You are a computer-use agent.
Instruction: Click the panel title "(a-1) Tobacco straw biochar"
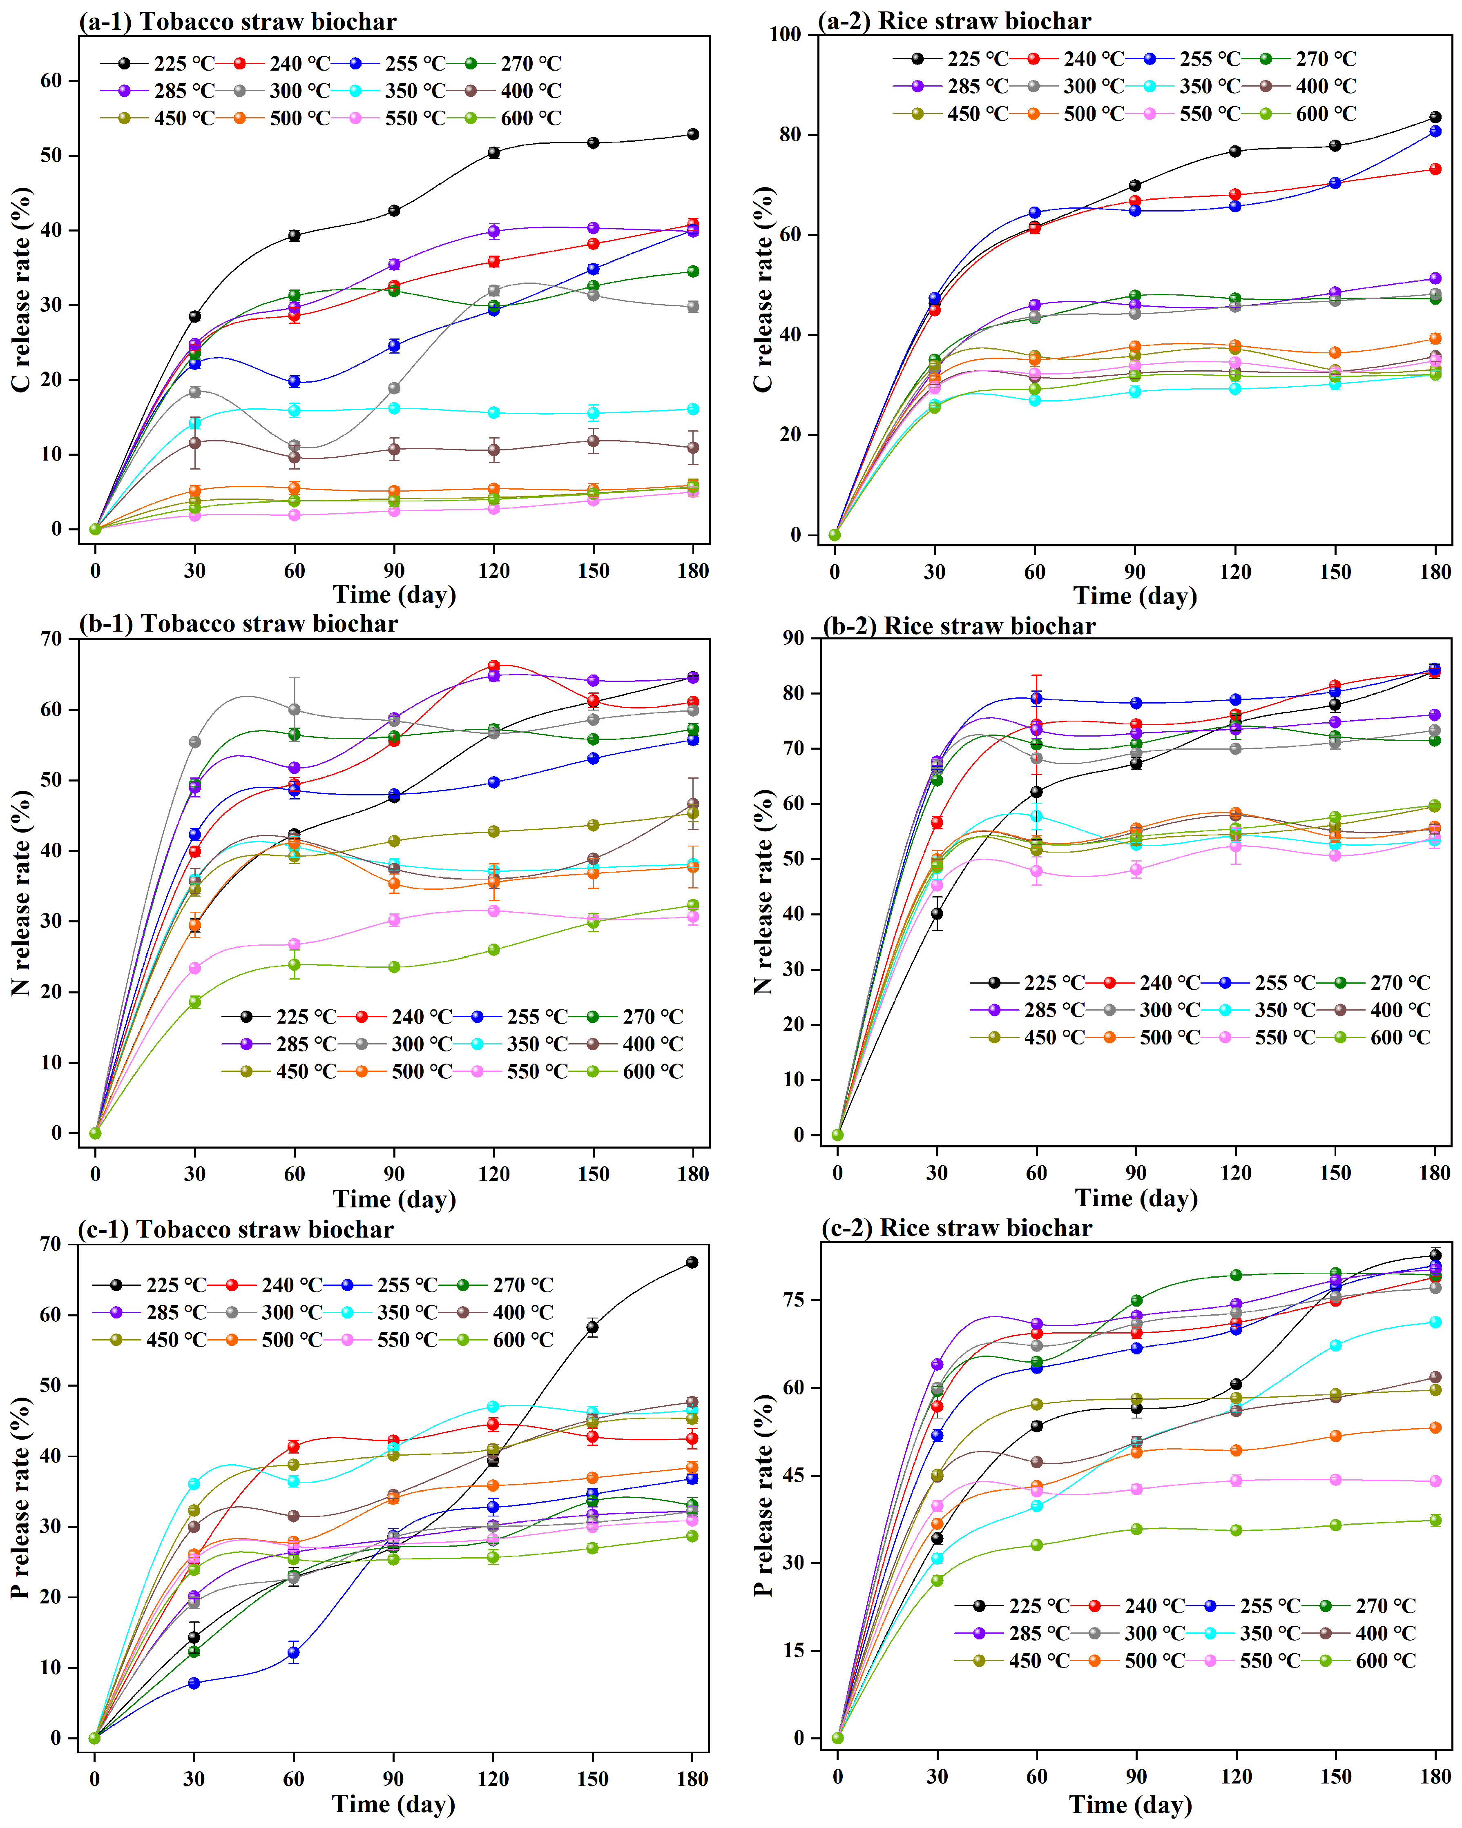click(x=237, y=21)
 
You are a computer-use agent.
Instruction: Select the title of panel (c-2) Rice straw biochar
click(x=957, y=1228)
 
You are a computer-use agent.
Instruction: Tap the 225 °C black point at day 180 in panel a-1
click(x=693, y=134)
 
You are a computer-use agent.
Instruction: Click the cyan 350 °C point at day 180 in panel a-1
click(x=693, y=409)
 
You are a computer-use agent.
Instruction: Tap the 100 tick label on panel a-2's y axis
click(x=784, y=35)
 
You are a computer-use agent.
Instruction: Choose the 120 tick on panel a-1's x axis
click(x=493, y=571)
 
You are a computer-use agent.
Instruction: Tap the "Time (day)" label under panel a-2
click(x=1135, y=596)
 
